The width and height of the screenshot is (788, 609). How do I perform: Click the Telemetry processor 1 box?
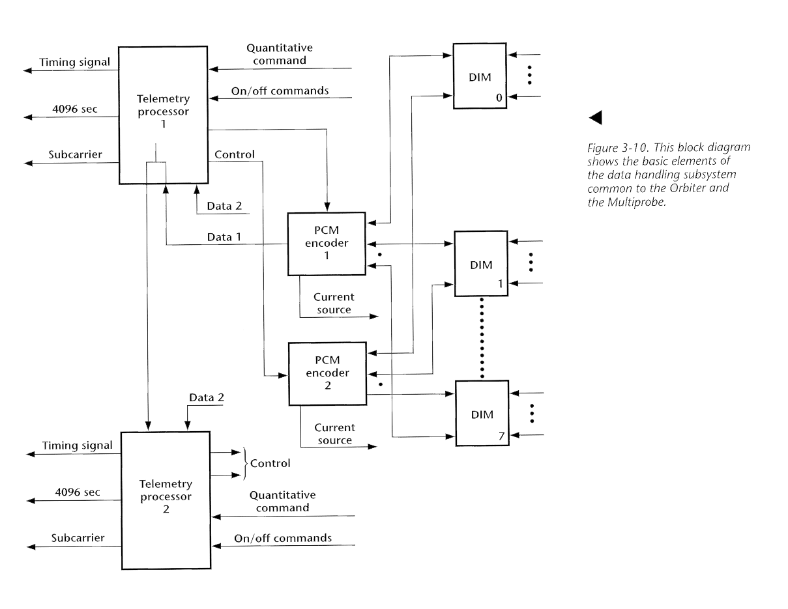(x=163, y=115)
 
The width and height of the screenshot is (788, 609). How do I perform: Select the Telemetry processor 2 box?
(x=166, y=500)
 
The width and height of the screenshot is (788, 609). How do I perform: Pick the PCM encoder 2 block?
(x=327, y=373)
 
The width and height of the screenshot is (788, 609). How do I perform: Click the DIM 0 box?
(x=480, y=76)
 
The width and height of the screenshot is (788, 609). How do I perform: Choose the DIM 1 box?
(x=480, y=264)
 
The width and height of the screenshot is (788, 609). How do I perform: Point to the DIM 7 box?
(x=481, y=413)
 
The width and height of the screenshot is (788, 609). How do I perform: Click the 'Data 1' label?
(x=224, y=238)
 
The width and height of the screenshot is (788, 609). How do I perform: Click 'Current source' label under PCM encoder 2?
(x=334, y=434)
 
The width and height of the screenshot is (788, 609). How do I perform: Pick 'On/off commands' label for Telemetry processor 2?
(x=283, y=538)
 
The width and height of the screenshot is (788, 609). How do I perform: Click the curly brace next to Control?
(x=246, y=463)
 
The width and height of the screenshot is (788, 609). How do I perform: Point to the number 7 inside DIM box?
(x=501, y=436)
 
